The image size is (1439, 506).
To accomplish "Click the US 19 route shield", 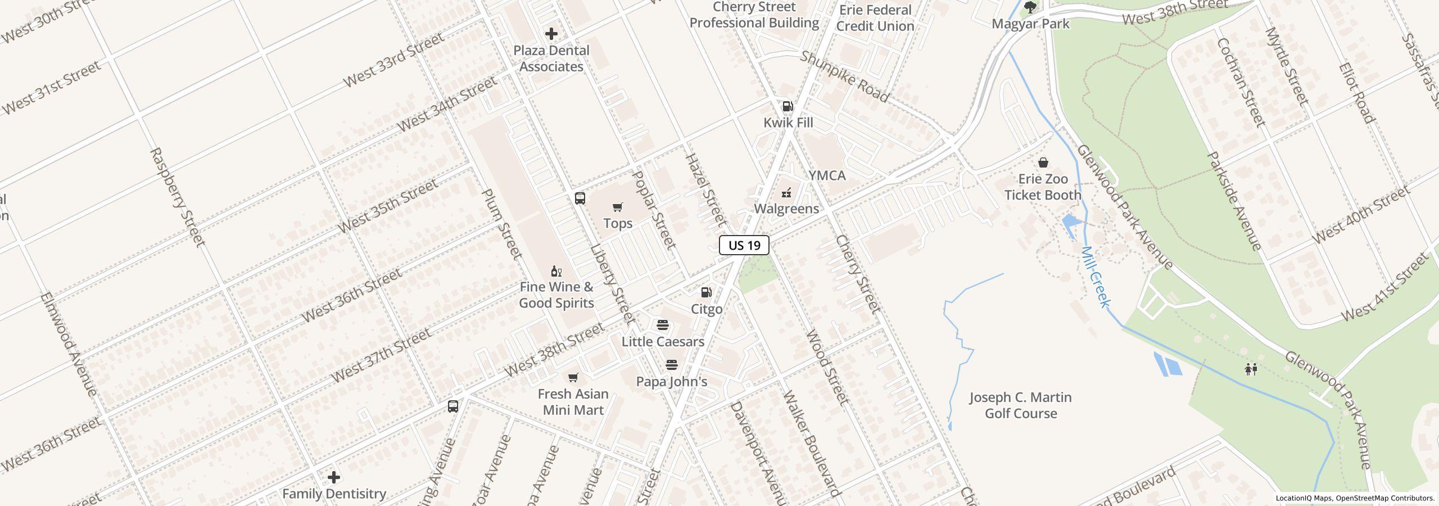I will pyautogui.click(x=744, y=245).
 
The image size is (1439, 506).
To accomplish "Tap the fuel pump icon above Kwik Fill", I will pyautogui.click(x=788, y=106).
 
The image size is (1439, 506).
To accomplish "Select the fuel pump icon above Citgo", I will pyautogui.click(x=707, y=292).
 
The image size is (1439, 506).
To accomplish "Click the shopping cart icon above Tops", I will pyautogui.click(x=618, y=207).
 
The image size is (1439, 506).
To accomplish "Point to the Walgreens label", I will pyautogui.click(x=786, y=209).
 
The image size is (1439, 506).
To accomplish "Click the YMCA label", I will pyautogui.click(x=827, y=175).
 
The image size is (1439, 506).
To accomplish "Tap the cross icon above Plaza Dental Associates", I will pyautogui.click(x=551, y=34).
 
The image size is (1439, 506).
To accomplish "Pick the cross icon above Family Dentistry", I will pyautogui.click(x=334, y=477).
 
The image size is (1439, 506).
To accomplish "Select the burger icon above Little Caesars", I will pyautogui.click(x=663, y=325).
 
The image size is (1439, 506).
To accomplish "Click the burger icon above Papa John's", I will pyautogui.click(x=671, y=365).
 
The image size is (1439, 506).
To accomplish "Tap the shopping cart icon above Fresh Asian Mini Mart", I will pyautogui.click(x=573, y=377).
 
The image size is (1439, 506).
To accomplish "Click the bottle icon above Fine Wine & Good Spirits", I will pyautogui.click(x=556, y=271).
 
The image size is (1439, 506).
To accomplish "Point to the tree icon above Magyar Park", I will pyautogui.click(x=1030, y=7).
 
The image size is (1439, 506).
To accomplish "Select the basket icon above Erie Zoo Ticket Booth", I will pyautogui.click(x=1043, y=162).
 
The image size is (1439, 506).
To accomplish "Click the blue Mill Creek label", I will pyautogui.click(x=1096, y=277).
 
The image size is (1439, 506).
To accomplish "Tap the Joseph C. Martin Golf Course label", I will pyautogui.click(x=1020, y=405).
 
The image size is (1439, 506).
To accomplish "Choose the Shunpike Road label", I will pyautogui.click(x=844, y=77).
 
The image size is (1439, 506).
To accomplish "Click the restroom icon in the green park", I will pyautogui.click(x=1251, y=369).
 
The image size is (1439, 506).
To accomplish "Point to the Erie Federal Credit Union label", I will pyautogui.click(x=875, y=18).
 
